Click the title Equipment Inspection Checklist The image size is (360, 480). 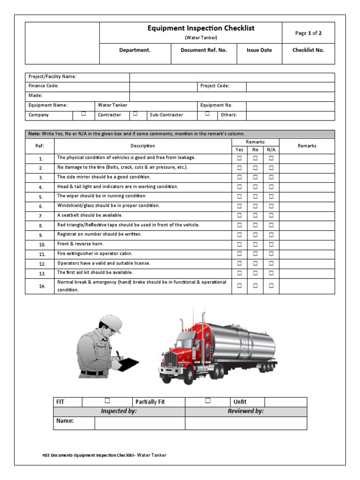click(x=201, y=28)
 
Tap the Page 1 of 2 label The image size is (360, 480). click(x=308, y=33)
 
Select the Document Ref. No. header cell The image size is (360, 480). click(x=203, y=50)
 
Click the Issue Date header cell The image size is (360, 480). click(x=259, y=50)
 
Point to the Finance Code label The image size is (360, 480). click(x=44, y=86)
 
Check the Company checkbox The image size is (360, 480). click(x=83, y=113)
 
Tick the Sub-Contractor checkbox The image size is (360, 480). click(x=207, y=113)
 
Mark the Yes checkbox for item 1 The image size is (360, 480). click(x=240, y=158)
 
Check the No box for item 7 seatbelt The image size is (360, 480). click(x=255, y=216)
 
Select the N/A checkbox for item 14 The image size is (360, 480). click(x=271, y=285)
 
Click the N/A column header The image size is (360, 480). click(x=271, y=150)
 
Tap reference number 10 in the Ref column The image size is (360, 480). click(x=42, y=245)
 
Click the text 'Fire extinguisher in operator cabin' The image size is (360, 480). click(x=95, y=254)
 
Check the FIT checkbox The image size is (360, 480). click(x=107, y=401)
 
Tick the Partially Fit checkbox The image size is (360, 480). click(x=208, y=401)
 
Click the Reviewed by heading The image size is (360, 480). click(x=246, y=411)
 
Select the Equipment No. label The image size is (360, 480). click(x=217, y=105)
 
